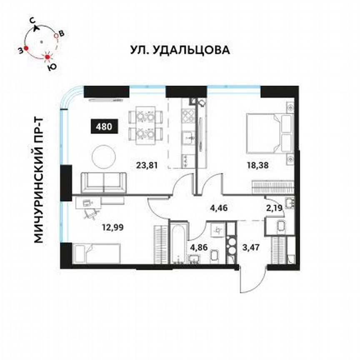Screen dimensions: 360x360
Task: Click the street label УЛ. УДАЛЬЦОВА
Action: [x=180, y=50]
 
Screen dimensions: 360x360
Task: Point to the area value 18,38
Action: [x=257, y=165]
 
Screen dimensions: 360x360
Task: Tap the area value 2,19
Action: [x=274, y=205]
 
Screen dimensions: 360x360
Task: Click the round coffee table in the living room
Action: [x=104, y=156]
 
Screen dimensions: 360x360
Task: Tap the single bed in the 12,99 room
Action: [x=96, y=254]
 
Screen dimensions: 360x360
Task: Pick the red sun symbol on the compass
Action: [x=48, y=56]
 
